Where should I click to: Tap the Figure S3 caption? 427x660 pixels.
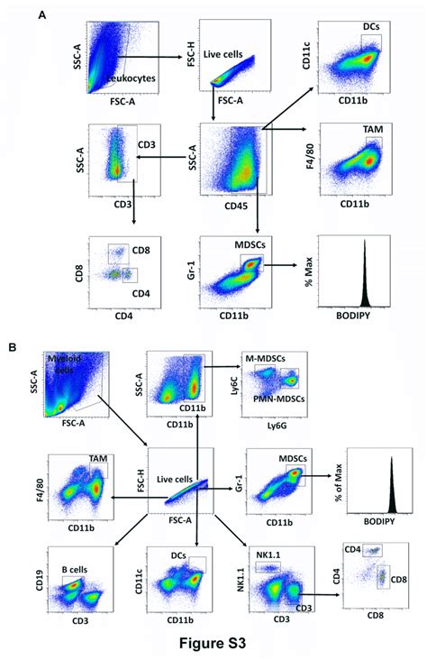click(213, 646)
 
